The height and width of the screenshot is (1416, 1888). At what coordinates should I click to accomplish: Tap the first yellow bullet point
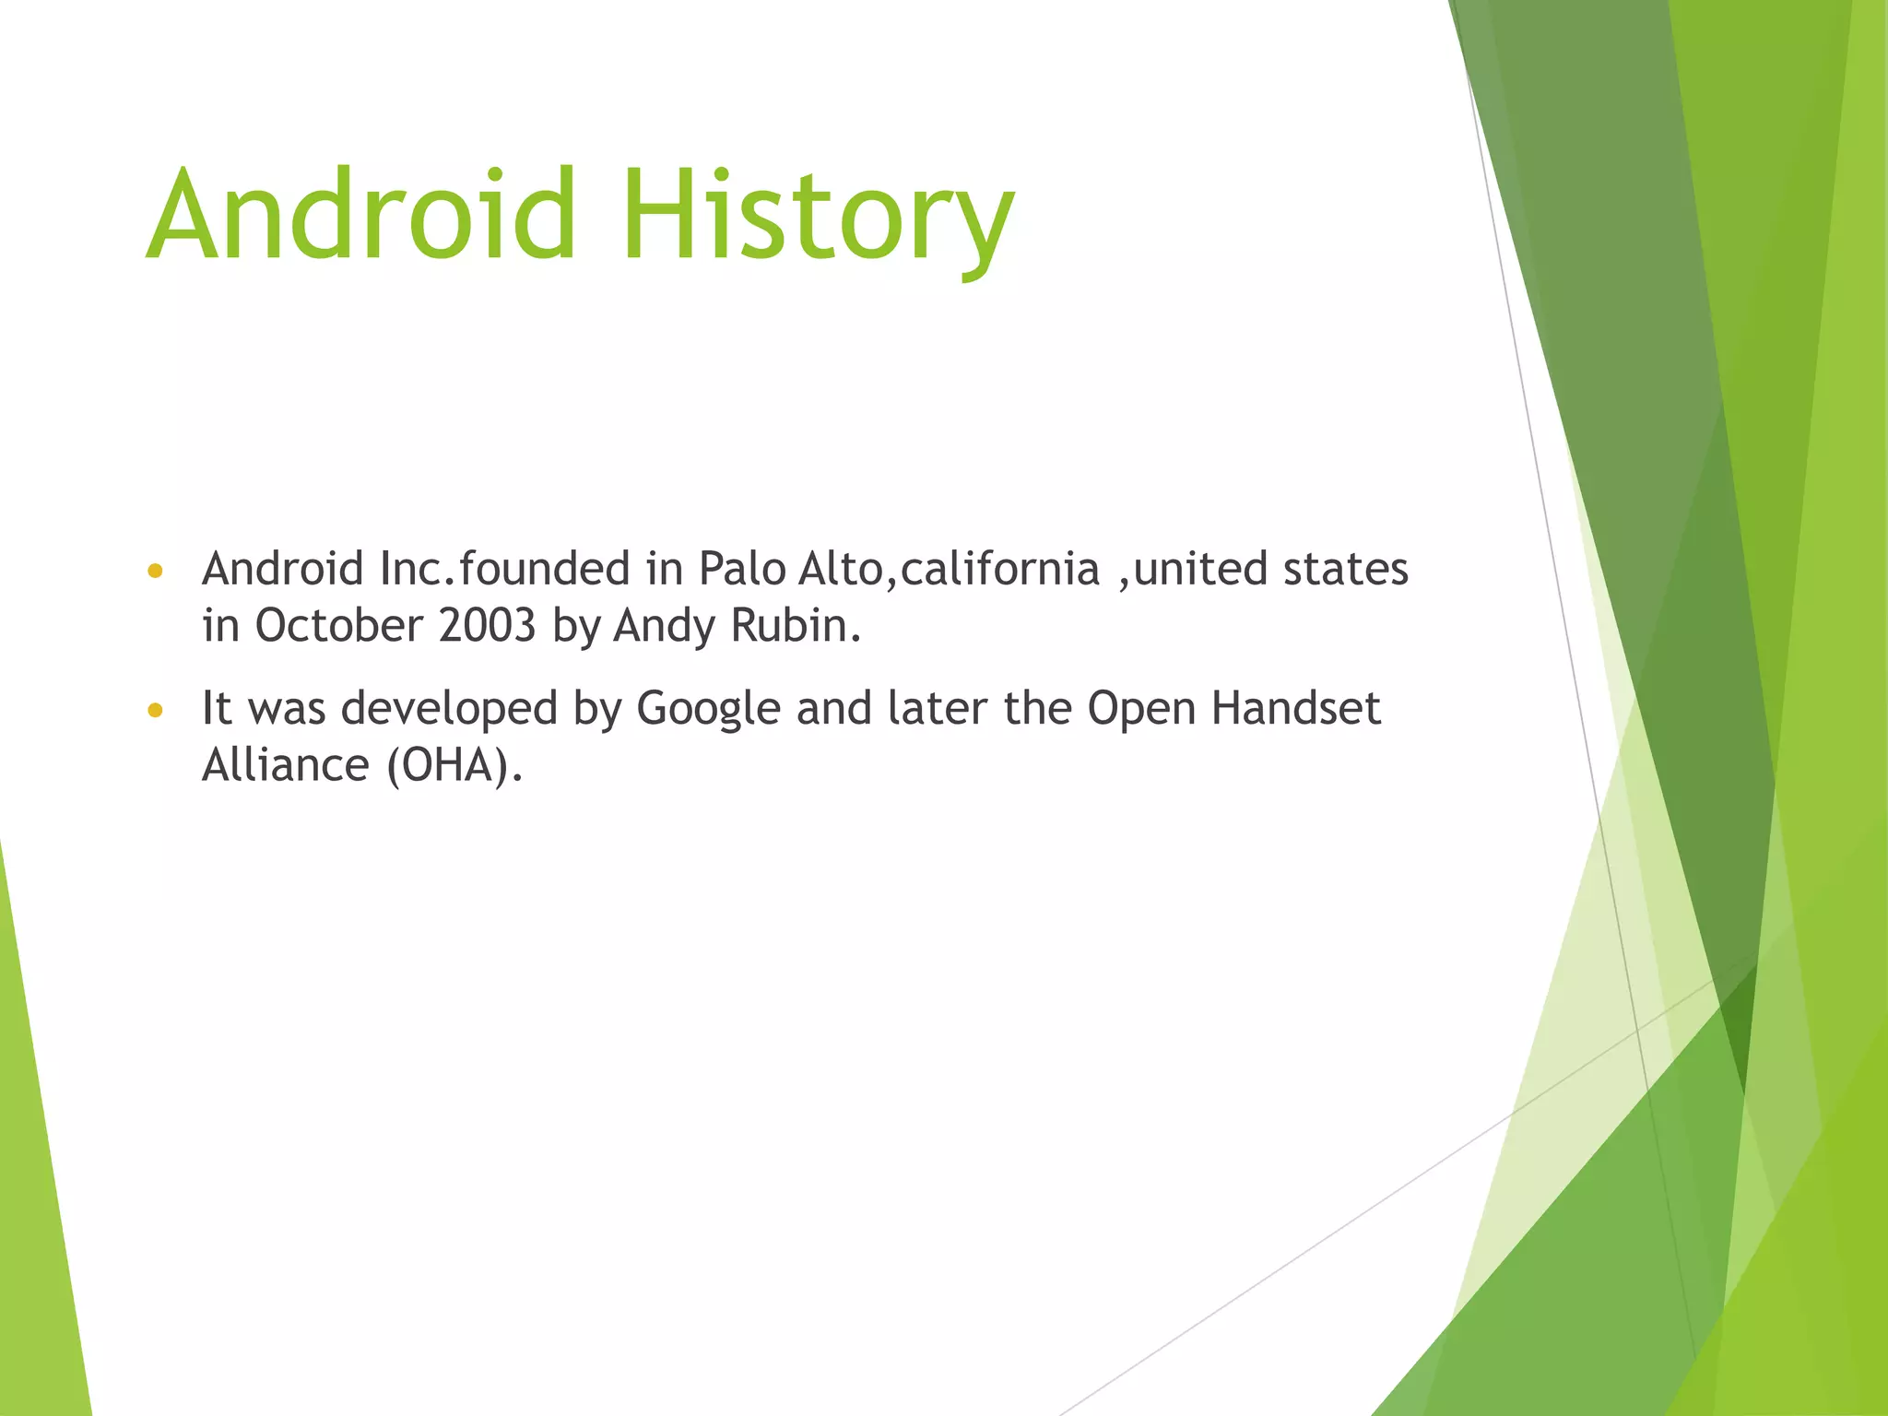[x=155, y=572]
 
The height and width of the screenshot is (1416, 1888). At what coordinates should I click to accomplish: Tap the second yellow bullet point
[x=155, y=711]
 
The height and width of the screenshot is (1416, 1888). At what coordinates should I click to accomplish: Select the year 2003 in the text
[x=488, y=626]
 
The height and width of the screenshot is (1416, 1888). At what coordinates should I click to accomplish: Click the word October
[x=338, y=626]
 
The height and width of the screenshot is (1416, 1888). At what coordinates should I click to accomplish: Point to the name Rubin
[x=795, y=626]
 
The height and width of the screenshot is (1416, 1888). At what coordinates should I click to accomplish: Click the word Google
[x=709, y=709]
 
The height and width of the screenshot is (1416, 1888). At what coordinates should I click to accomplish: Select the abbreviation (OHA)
[x=454, y=765]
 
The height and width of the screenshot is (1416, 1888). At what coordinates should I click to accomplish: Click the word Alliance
[x=286, y=765]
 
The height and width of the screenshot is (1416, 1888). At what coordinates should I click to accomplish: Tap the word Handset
[x=1295, y=709]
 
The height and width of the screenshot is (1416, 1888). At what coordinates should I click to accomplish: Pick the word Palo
[x=741, y=569]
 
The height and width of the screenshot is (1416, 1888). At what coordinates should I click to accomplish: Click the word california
[x=1000, y=569]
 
